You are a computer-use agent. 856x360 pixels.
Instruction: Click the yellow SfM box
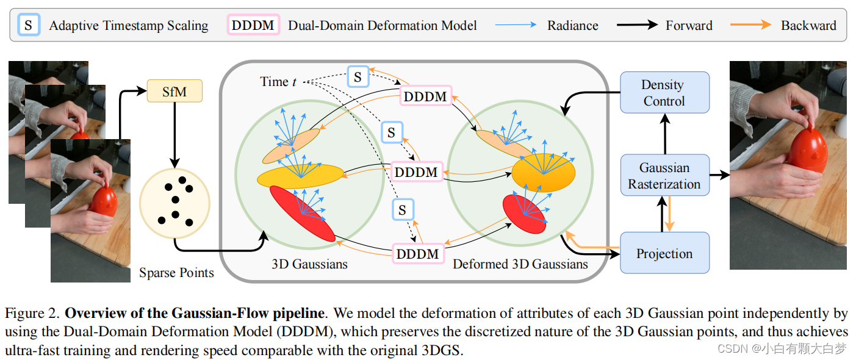coord(174,92)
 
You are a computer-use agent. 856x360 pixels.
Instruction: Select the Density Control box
coord(664,93)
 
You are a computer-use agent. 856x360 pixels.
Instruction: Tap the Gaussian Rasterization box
coord(664,176)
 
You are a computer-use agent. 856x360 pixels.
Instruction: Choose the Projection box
coord(664,253)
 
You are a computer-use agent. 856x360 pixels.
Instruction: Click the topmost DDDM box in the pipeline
coord(425,96)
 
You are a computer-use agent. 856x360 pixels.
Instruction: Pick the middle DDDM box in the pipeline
coord(416,172)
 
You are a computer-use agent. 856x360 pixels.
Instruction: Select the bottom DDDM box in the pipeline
coord(417,253)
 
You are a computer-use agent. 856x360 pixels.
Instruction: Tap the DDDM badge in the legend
coord(253,26)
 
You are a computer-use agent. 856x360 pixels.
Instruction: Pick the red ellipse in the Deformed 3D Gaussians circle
coord(524,214)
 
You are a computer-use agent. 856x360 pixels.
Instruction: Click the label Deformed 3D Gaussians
coord(520,264)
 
